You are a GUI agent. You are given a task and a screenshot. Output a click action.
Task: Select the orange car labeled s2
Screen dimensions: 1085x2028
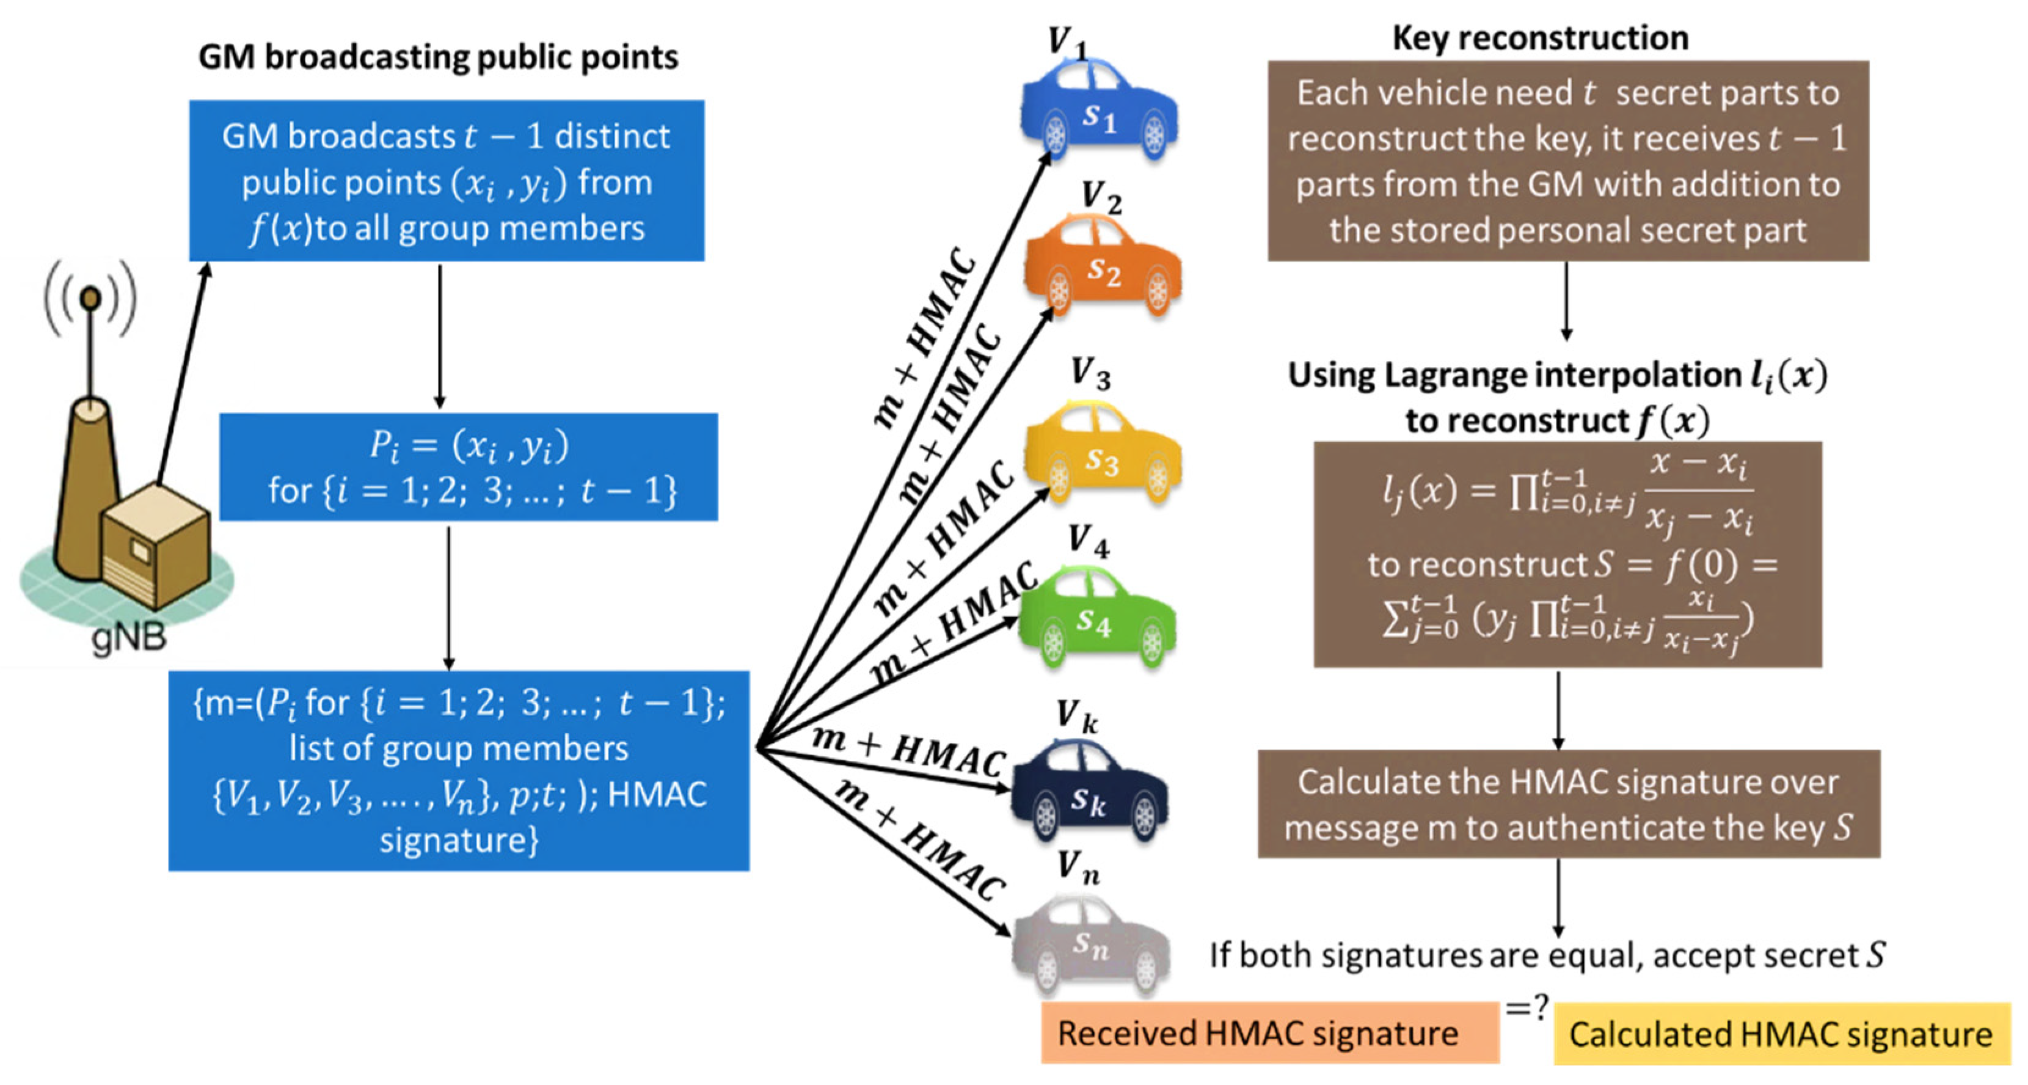pos(1102,268)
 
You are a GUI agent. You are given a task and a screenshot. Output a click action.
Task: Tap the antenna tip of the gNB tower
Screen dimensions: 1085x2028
pos(92,298)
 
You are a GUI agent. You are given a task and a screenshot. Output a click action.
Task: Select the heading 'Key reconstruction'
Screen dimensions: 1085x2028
pos(1540,37)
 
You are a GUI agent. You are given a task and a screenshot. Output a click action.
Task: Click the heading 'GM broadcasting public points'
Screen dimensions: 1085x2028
pos(438,57)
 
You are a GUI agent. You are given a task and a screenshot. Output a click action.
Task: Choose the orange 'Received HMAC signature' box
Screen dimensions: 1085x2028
pos(1269,1033)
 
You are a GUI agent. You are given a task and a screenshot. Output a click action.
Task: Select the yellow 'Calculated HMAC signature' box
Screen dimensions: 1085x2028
pos(1781,1034)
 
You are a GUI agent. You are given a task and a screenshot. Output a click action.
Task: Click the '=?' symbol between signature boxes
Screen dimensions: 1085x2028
pos(1526,1007)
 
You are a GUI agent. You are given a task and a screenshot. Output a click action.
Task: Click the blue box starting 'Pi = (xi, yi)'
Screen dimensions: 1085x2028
pos(469,467)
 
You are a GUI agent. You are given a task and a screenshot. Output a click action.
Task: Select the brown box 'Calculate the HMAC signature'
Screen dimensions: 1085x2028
pos(1568,804)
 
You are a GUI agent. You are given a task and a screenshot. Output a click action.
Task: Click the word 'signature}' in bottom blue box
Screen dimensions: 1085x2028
pos(459,840)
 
